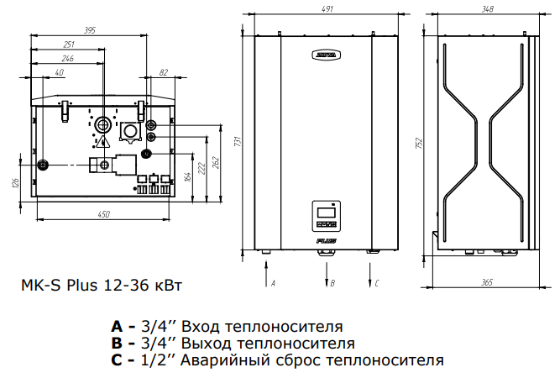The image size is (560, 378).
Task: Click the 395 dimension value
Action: (x=91, y=30)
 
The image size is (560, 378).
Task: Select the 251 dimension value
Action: (x=70, y=45)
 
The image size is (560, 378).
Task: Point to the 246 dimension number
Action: (x=68, y=59)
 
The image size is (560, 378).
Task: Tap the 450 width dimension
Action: (x=103, y=215)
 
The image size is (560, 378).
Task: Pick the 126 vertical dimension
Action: (x=14, y=183)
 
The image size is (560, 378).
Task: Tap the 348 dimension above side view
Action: (x=484, y=9)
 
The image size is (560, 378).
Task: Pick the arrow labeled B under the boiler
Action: (x=327, y=273)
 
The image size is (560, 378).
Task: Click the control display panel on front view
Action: (x=327, y=216)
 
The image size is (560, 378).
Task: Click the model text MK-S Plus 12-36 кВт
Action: (x=99, y=285)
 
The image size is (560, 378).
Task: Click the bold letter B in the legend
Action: (x=116, y=343)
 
